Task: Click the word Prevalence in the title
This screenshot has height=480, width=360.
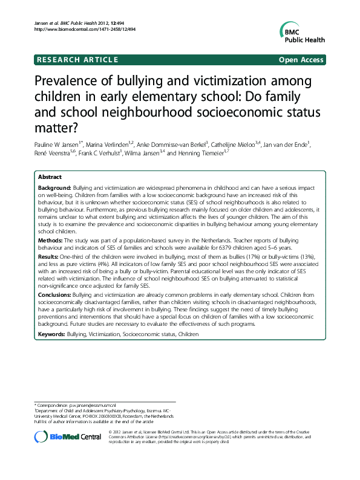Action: click(71, 82)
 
